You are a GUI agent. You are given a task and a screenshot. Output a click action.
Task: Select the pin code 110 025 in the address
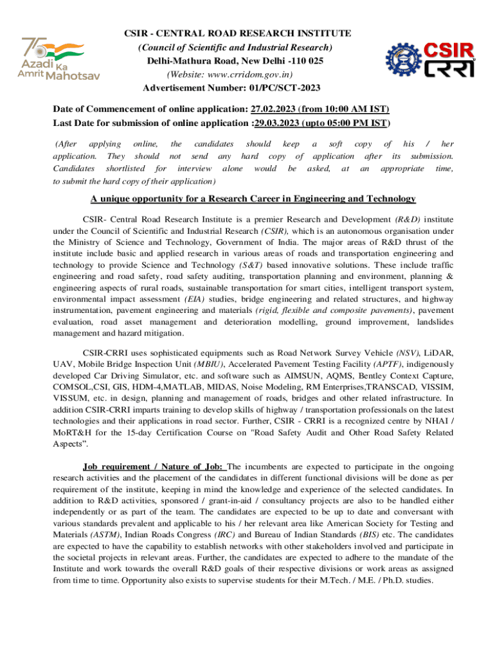[x=305, y=60]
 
